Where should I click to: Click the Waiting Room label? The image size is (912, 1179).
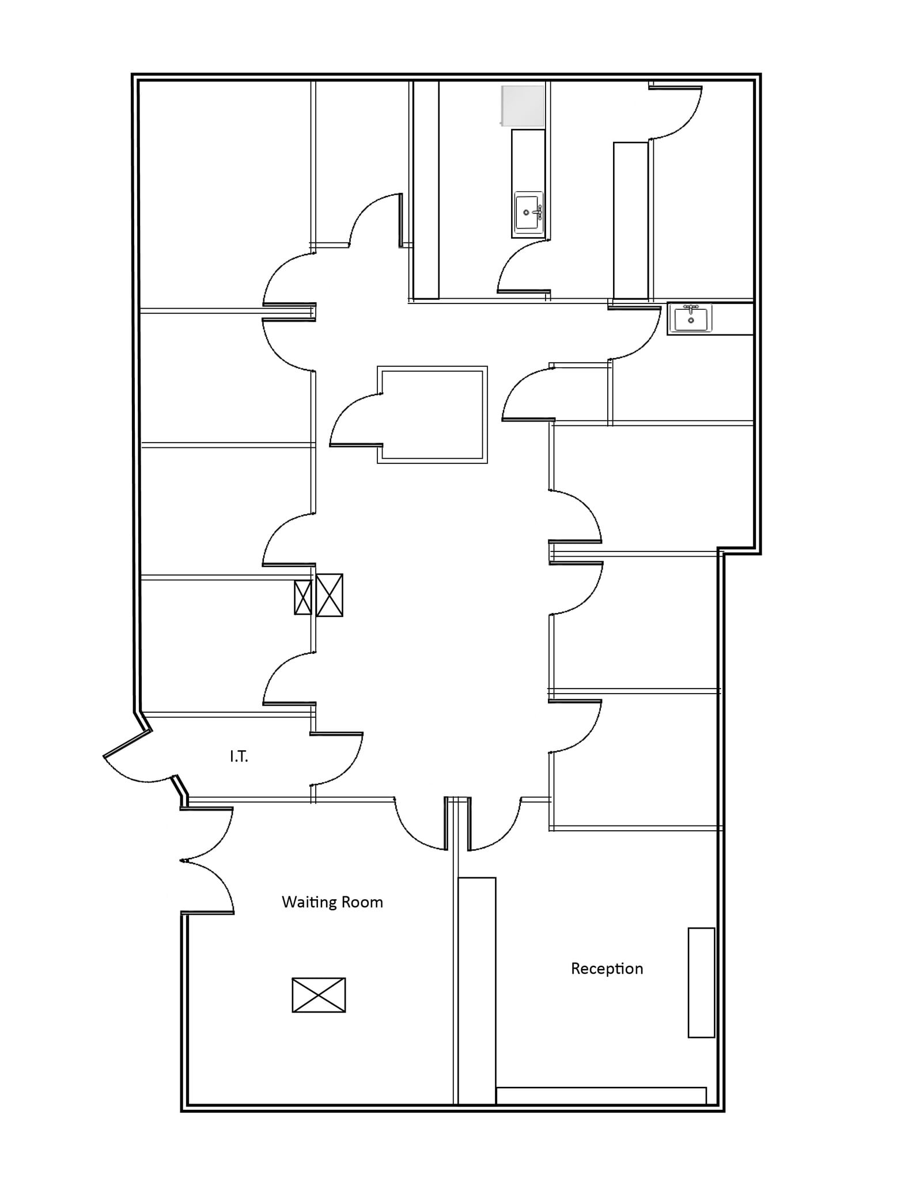tap(332, 902)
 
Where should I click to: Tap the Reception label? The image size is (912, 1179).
tap(607, 968)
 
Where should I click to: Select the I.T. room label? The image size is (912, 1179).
tap(239, 756)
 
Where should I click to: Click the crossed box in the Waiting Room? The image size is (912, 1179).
tap(319, 995)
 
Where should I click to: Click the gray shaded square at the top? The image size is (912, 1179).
tap(523, 105)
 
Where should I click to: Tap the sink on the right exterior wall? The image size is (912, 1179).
tap(690, 318)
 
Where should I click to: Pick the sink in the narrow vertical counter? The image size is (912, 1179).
tap(528, 212)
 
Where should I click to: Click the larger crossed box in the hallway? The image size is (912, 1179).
tap(330, 595)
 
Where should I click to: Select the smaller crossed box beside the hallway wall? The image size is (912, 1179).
tap(302, 598)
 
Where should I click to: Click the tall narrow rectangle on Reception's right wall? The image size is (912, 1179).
tap(701, 983)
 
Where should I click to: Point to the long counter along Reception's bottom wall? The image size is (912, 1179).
tap(601, 1096)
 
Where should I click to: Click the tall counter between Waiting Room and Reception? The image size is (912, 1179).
tap(476, 990)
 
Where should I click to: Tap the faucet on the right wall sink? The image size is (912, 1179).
tap(690, 308)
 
